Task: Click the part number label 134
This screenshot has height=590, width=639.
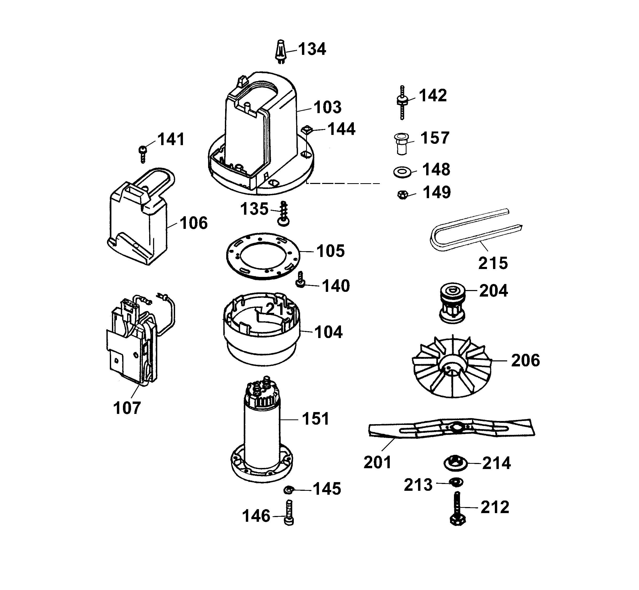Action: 312,49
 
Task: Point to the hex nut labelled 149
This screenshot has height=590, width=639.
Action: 403,194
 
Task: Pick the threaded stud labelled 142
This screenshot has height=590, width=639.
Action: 402,102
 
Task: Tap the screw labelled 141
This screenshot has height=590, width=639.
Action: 143,154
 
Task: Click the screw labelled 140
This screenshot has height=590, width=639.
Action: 300,280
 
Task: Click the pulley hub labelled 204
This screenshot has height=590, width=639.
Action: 452,303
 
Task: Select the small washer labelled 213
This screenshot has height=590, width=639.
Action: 455,482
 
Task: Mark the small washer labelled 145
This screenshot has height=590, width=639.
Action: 289,489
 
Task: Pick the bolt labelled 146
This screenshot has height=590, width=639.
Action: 289,512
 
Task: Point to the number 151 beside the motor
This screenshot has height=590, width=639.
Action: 315,419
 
